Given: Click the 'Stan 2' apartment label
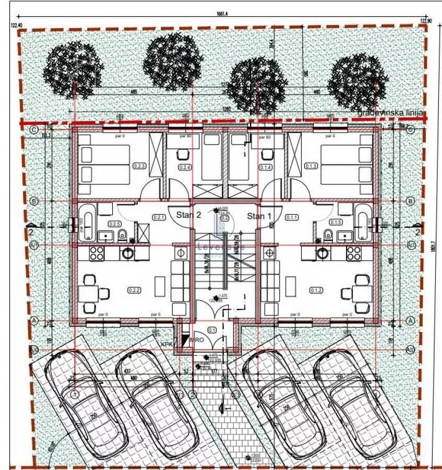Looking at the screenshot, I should [x=188, y=215].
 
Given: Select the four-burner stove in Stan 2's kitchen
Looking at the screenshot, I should [x=97, y=253].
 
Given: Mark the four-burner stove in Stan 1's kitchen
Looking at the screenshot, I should [x=353, y=253].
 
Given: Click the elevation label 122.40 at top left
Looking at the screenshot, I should [x=17, y=25].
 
